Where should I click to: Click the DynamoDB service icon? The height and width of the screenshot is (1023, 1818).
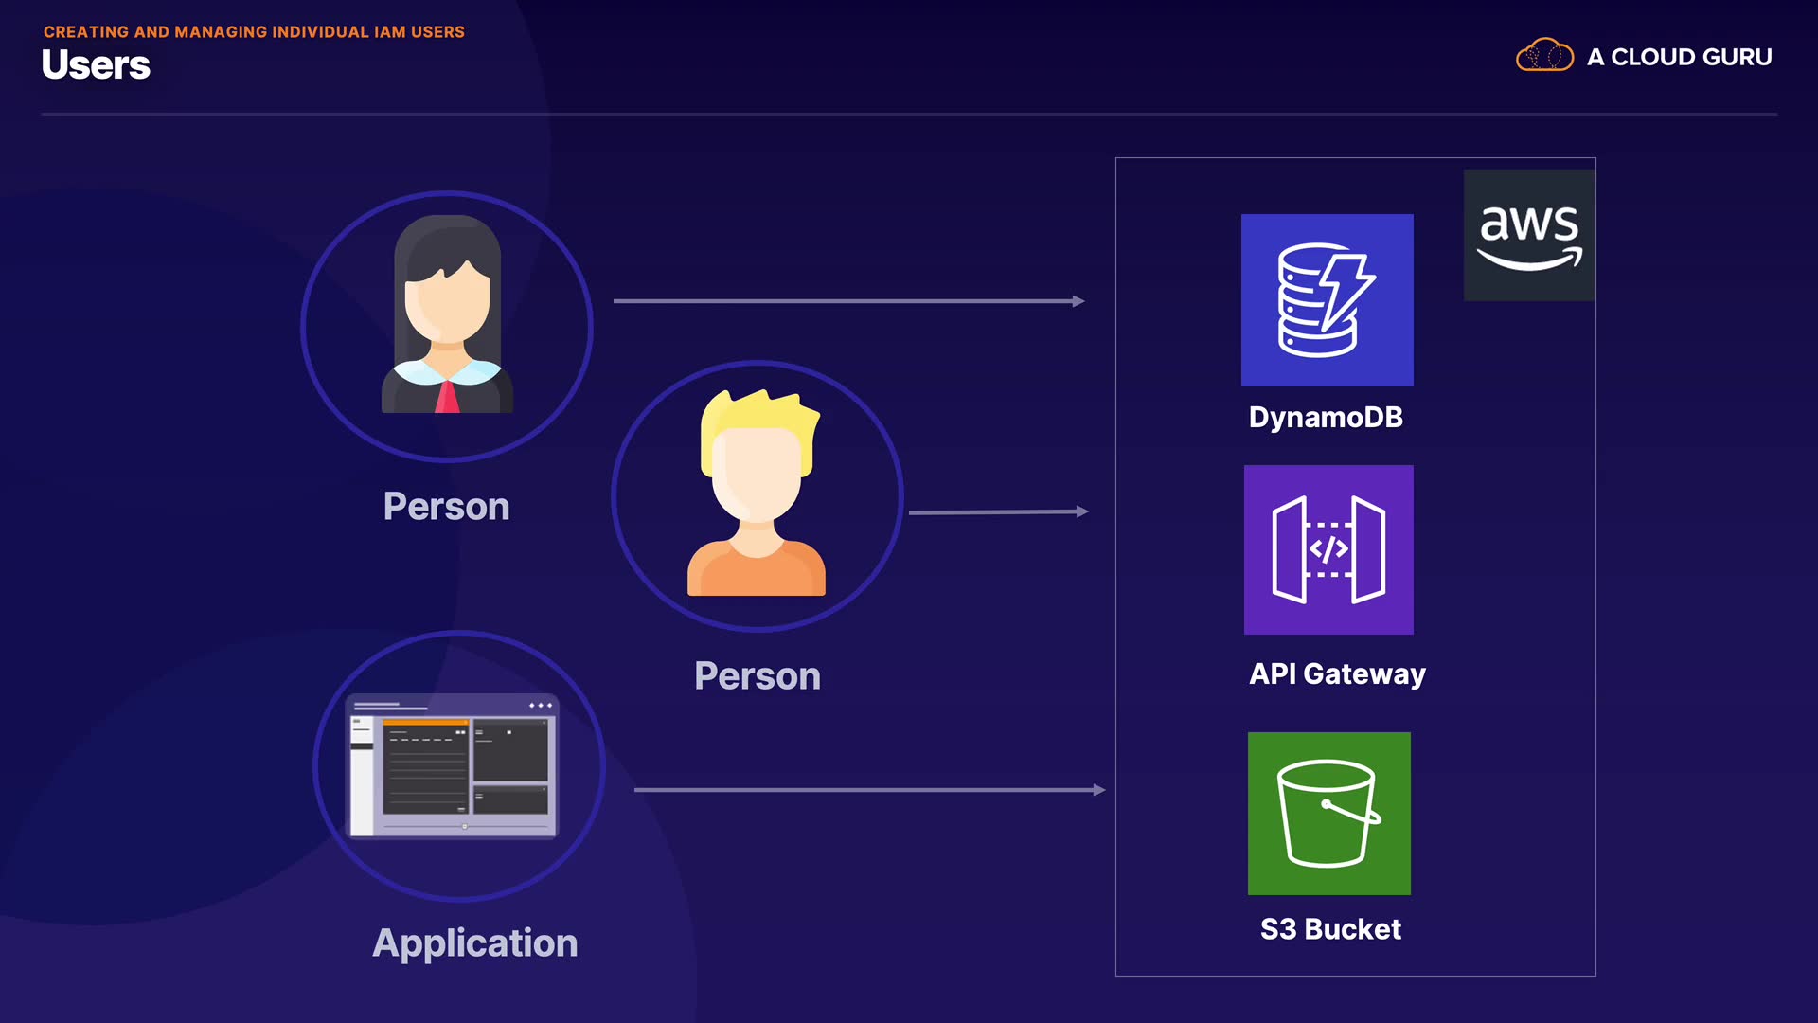(1327, 300)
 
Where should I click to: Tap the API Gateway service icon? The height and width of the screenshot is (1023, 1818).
(1328, 549)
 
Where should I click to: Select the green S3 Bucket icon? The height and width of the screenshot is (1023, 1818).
(1328, 813)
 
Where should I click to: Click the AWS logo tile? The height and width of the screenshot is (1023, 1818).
(1528, 235)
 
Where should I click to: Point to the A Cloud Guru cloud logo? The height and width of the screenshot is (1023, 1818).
(1543, 56)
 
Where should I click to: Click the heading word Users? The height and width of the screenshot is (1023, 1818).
(96, 65)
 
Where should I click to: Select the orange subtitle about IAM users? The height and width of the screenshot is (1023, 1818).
(254, 31)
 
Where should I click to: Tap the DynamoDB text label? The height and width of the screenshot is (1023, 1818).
(1326, 417)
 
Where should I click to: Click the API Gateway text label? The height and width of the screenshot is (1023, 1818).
(1337, 673)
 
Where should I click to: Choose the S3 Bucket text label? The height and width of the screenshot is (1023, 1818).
(1330, 929)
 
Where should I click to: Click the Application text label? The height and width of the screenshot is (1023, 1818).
(474, 942)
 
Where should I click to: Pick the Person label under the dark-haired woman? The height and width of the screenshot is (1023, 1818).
(446, 506)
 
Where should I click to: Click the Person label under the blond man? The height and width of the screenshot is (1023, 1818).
(757, 675)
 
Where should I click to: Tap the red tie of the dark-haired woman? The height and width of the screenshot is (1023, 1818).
(447, 397)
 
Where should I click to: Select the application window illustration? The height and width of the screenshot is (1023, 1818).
(453, 765)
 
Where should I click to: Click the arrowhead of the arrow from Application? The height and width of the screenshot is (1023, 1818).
(1098, 790)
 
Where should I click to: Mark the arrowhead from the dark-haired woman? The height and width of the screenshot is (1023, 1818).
(1078, 301)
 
